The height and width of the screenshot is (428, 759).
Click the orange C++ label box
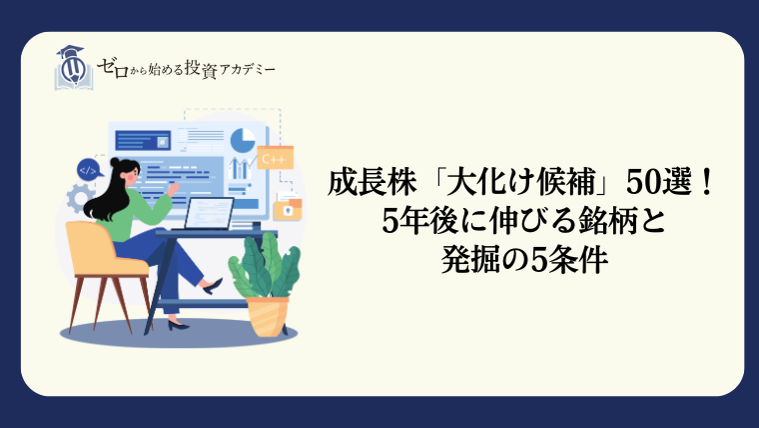275,158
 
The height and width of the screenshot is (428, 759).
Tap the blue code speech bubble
89,170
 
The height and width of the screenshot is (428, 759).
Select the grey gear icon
80,199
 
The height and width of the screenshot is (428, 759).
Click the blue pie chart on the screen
243,141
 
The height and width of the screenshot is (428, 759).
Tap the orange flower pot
268,316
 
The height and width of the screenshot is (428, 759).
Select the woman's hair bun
115,162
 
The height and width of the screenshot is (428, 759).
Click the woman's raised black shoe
213,286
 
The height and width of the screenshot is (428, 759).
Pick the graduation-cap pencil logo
73,68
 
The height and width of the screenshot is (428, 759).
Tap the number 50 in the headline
642,183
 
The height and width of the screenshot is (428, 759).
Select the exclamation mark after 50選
708,183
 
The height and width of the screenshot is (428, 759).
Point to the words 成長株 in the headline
373,183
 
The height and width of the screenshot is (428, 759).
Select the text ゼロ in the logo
113,68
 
